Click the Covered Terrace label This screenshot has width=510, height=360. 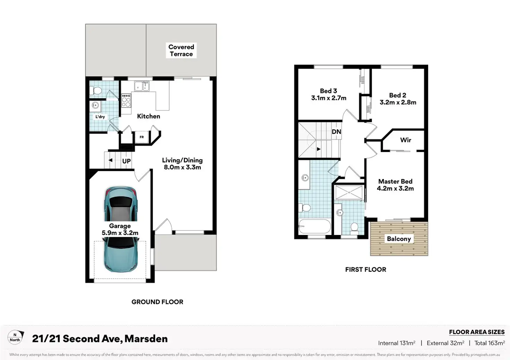click(x=181, y=51)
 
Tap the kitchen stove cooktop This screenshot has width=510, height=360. click(x=126, y=100)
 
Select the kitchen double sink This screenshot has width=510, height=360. click(x=142, y=87)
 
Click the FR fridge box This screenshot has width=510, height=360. click(x=142, y=137)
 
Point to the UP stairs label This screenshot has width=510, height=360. click(x=126, y=161)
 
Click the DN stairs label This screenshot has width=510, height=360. click(x=336, y=132)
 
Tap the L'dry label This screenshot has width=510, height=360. click(x=100, y=117)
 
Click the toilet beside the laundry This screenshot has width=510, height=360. click(x=96, y=91)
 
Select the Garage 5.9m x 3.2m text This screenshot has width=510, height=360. click(x=120, y=229)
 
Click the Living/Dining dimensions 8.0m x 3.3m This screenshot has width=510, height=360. click(x=182, y=168)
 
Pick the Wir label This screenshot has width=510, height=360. click(x=405, y=140)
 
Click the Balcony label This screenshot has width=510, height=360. click(x=399, y=239)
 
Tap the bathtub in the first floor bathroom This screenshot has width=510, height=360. click(x=315, y=226)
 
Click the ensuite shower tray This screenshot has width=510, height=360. click(x=349, y=192)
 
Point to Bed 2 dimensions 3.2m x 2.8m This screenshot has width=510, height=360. click(x=398, y=102)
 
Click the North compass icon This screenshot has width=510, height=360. click(x=16, y=337)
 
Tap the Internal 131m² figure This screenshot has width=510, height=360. click(x=397, y=343)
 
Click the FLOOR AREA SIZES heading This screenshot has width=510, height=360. click(x=477, y=332)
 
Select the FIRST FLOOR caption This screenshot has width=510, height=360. click(x=366, y=270)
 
